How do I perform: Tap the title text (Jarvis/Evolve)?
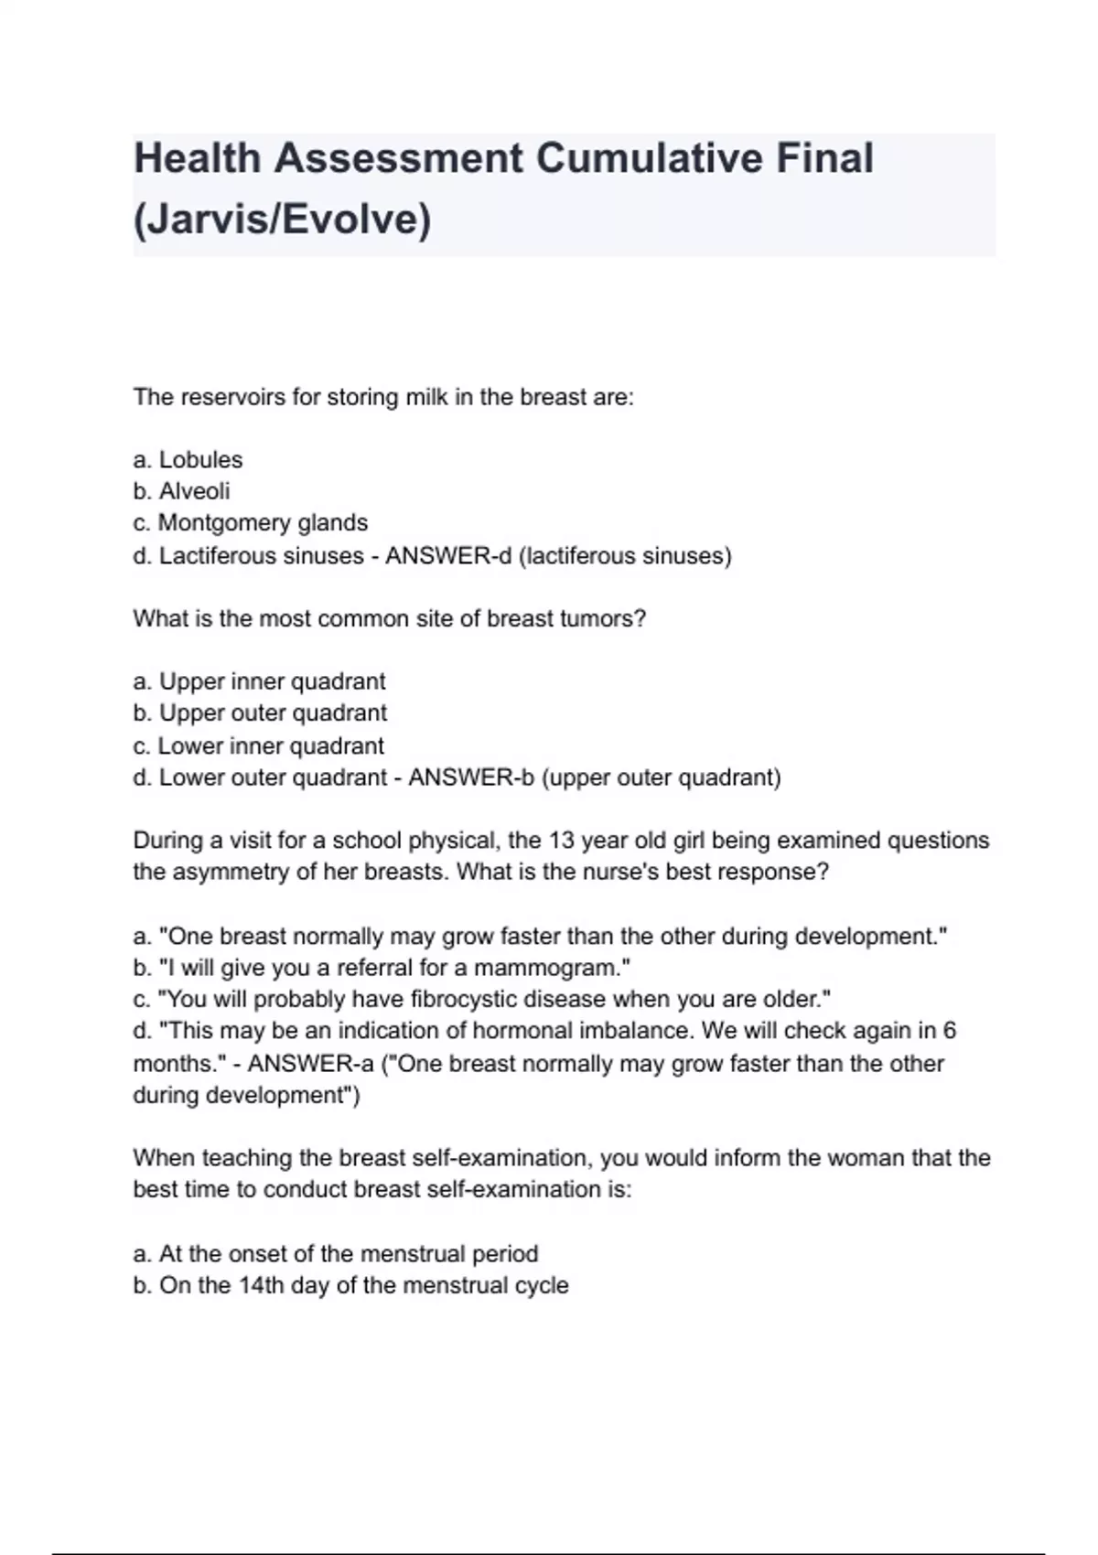[x=282, y=220]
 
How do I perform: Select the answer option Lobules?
[x=200, y=459]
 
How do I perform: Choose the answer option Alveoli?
[x=194, y=491]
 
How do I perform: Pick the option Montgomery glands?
[x=263, y=523]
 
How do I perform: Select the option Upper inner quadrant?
[x=272, y=681]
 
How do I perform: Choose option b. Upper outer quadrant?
[x=273, y=713]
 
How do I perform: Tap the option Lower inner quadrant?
[x=271, y=745]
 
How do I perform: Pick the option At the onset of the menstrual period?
[x=349, y=1253]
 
